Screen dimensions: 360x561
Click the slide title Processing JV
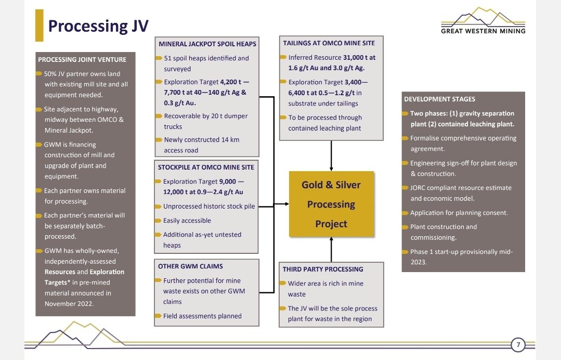(98, 25)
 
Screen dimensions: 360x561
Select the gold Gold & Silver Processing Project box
(331, 204)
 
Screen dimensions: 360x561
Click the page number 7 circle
(518, 344)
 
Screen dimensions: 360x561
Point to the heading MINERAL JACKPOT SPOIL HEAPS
(207, 44)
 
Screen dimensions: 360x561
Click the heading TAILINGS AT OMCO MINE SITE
(329, 43)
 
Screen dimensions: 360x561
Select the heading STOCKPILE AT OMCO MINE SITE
(206, 167)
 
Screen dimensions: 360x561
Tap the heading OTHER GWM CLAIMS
(190, 266)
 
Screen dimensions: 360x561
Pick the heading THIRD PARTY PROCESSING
(323, 269)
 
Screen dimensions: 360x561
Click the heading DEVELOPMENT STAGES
(439, 99)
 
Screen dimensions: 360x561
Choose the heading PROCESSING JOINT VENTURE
(82, 59)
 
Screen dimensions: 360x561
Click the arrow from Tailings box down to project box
(331, 156)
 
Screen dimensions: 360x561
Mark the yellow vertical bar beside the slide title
(39, 25)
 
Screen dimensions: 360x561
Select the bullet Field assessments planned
(202, 316)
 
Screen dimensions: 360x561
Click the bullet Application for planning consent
(459, 213)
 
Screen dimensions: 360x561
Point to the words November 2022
(69, 304)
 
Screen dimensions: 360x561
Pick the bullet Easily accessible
(187, 221)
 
